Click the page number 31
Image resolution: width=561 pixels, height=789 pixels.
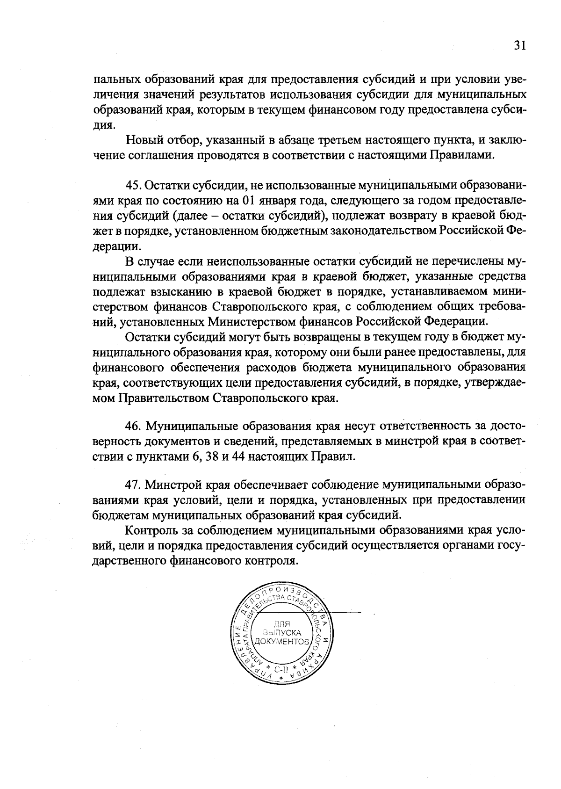pos(520,45)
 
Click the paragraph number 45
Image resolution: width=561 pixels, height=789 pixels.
pos(134,185)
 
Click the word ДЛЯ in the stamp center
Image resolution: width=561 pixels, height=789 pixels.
pos(282,623)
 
